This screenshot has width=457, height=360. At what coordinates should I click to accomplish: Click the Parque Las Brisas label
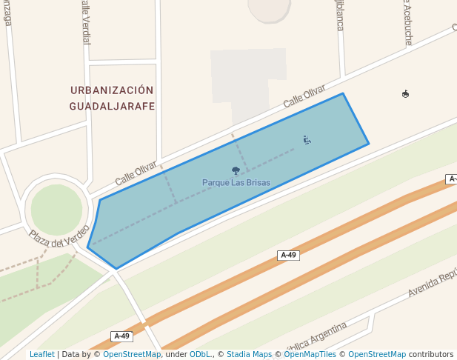236,183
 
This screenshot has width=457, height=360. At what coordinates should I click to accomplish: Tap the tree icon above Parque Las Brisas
236,171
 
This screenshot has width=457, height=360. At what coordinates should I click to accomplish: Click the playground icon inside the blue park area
307,139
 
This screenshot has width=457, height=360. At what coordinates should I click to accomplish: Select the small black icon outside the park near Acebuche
405,94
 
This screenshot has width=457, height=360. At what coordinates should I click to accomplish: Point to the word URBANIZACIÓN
112,90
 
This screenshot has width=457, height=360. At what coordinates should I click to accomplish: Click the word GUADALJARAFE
112,106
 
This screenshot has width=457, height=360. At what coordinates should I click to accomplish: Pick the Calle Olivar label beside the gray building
304,99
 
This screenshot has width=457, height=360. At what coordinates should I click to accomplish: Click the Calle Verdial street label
84,22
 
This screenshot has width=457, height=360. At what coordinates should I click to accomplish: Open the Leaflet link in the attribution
41,355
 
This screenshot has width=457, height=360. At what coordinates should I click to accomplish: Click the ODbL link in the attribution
200,355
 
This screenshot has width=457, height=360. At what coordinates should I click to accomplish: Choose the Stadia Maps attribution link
249,355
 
